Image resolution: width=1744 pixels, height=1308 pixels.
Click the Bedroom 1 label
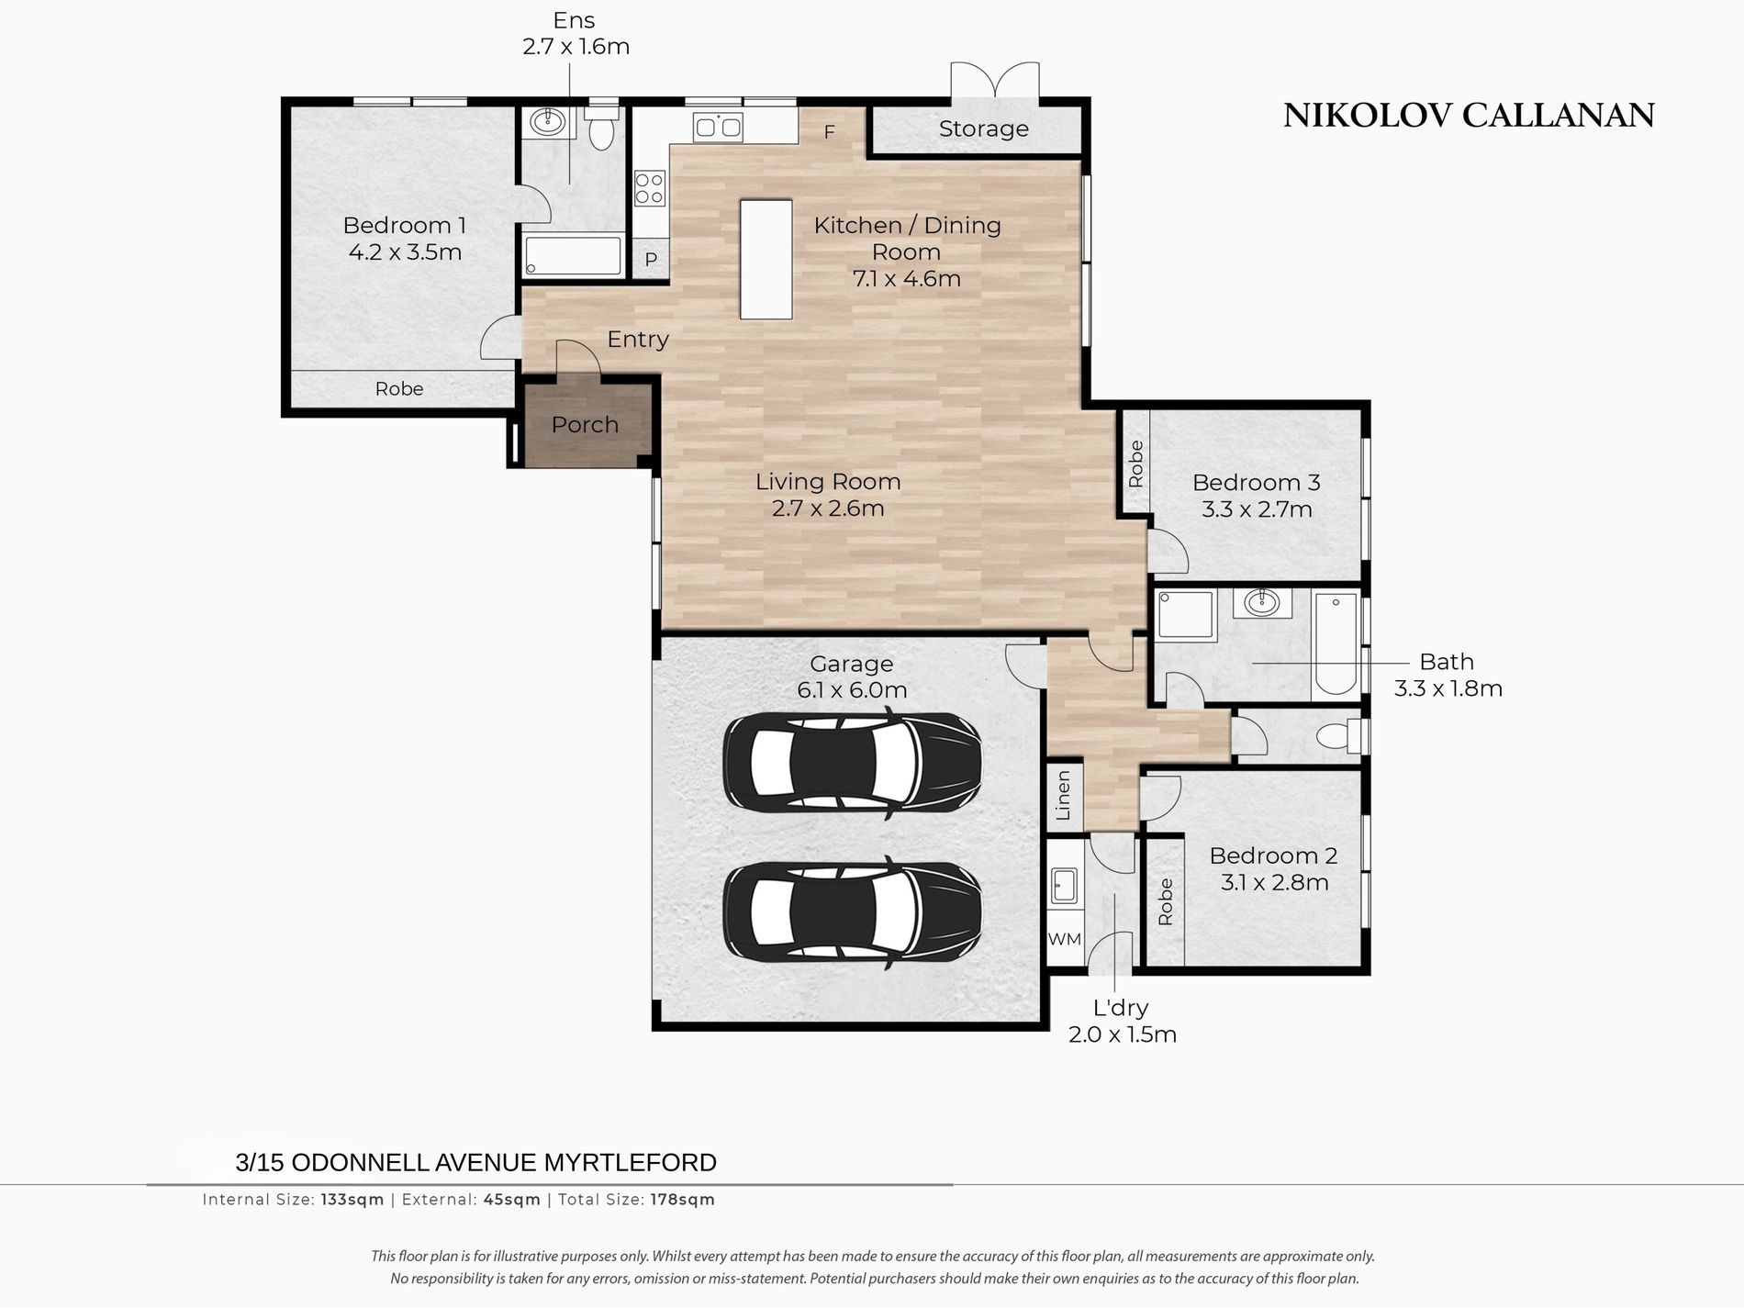(404, 225)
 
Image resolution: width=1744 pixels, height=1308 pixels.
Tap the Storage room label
(983, 129)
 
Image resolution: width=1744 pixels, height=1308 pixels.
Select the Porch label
(585, 425)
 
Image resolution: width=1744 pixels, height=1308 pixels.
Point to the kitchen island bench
(766, 260)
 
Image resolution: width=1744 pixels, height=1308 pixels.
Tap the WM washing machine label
(1065, 939)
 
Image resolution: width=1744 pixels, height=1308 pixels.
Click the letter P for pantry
(651, 260)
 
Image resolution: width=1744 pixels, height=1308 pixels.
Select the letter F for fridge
(829, 133)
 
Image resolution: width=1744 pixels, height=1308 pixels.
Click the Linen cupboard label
(1064, 795)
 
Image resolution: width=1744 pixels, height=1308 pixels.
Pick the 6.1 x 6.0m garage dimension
(852, 690)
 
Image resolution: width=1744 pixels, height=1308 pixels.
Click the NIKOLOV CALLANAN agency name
(1469, 116)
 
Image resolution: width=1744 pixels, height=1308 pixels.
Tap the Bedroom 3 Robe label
(1136, 464)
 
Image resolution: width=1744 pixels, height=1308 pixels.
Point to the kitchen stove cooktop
(650, 189)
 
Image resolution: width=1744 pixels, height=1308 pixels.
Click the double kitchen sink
(718, 127)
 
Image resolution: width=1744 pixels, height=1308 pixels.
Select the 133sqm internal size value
(352, 1200)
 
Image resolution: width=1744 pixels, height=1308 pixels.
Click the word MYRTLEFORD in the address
(631, 1163)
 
